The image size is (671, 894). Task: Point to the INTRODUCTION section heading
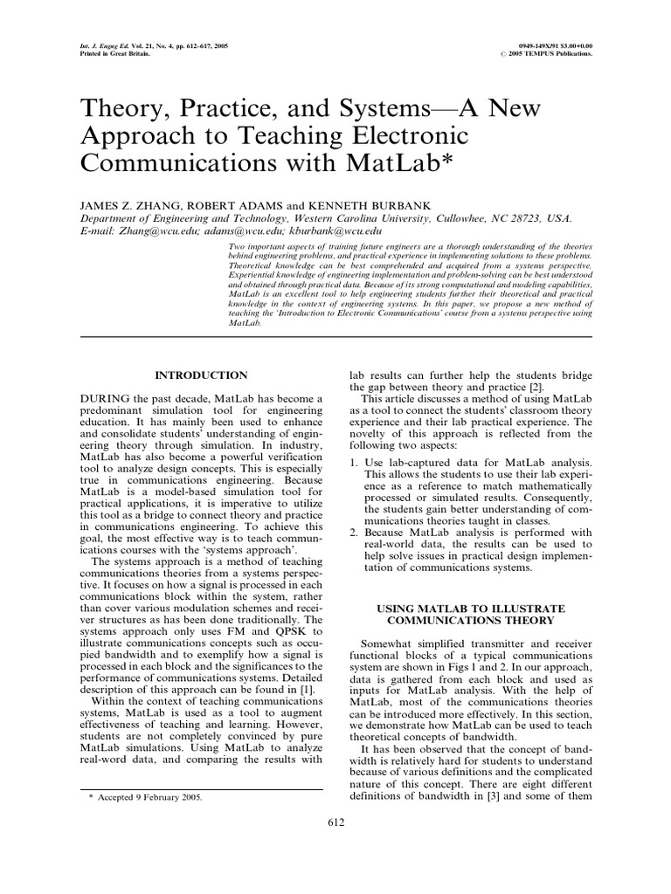tap(201, 375)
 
